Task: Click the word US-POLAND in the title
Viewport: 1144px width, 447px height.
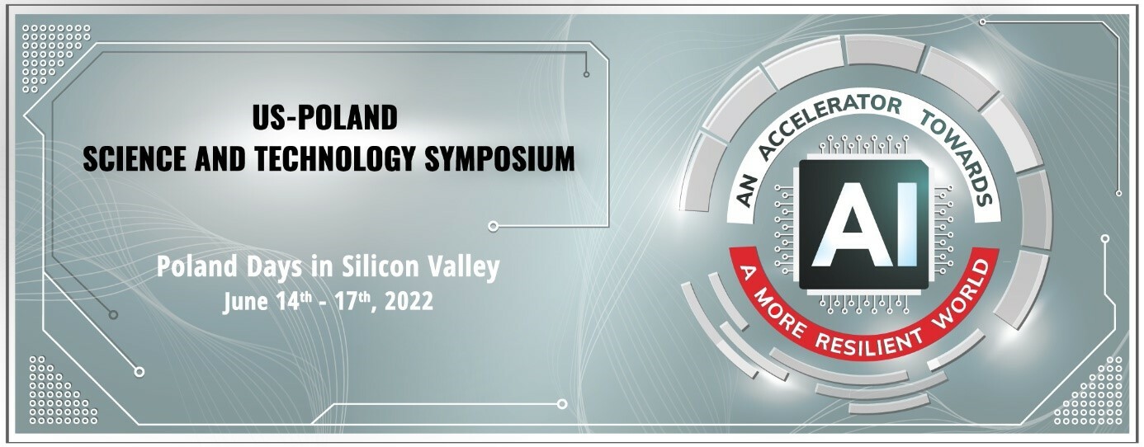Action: click(324, 119)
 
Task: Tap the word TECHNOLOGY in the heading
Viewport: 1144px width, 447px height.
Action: click(333, 159)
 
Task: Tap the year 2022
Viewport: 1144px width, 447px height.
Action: click(404, 302)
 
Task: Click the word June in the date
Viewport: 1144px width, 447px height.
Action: click(245, 302)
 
